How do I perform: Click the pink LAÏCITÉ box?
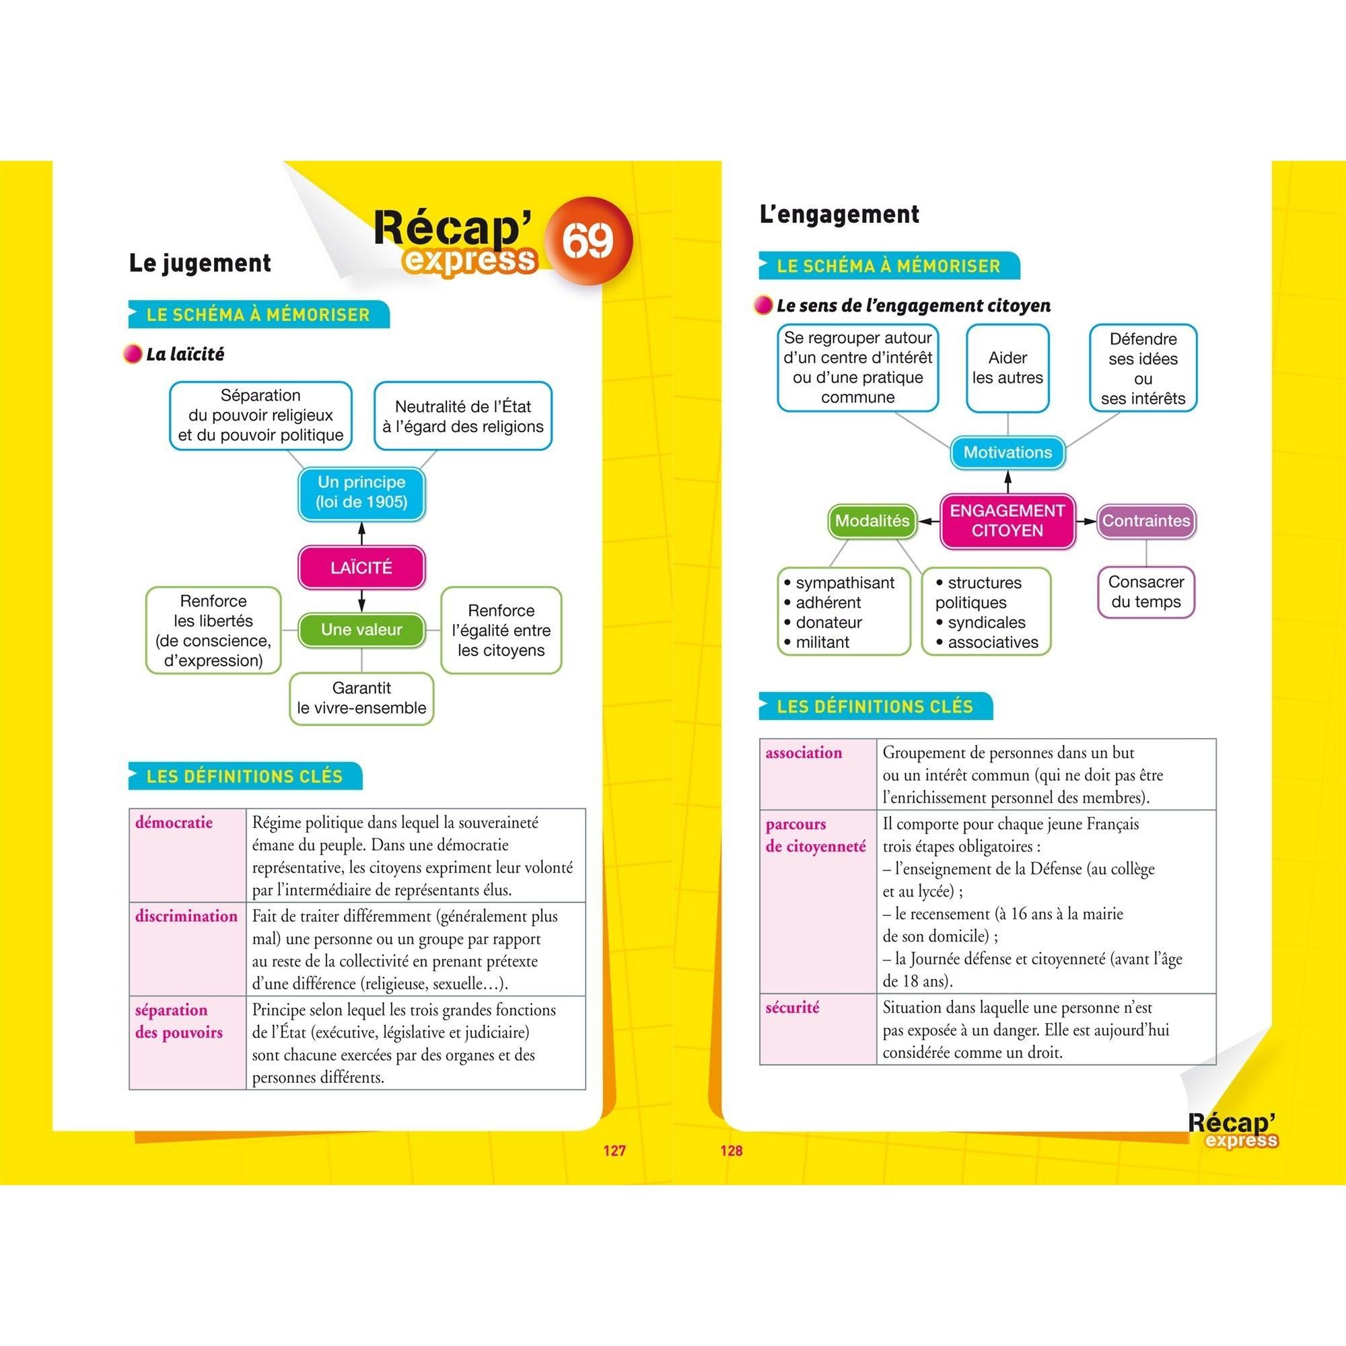[361, 568]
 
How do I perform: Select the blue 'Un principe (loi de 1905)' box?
[361, 493]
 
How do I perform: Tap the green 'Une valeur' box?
[361, 630]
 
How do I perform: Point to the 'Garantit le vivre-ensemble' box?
[361, 698]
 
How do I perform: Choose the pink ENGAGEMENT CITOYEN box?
[1007, 520]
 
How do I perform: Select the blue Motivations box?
[1007, 453]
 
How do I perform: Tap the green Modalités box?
[872, 521]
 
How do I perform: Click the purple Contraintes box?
[1145, 521]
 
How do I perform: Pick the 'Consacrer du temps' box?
[1145, 592]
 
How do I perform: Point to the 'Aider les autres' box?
[1007, 368]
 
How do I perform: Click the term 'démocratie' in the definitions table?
[174, 823]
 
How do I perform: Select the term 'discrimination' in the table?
[186, 916]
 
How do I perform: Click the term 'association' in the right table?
[804, 752]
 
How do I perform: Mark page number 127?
[614, 1151]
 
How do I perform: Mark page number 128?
[731, 1151]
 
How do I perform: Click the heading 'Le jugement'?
[200, 263]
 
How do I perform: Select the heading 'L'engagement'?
[839, 215]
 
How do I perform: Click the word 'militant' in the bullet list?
[822, 642]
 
